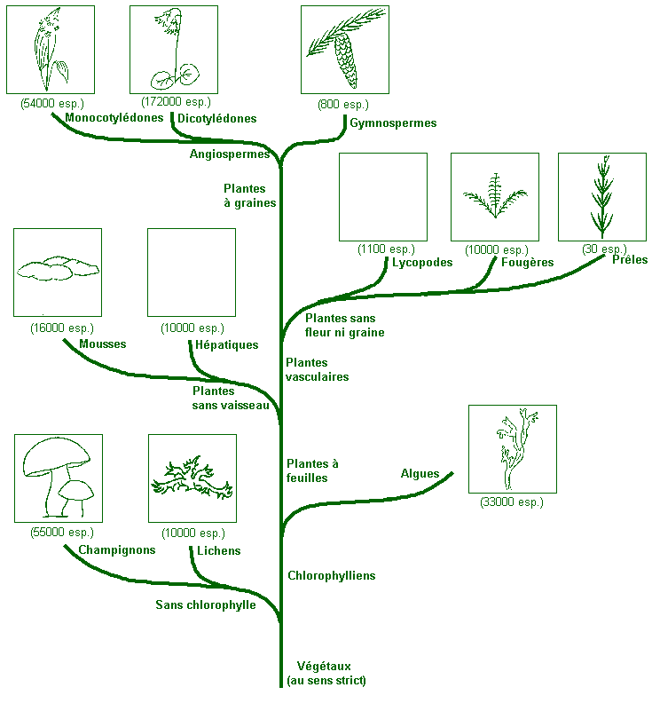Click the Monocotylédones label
114,117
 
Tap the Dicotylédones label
217,118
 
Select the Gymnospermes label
393,123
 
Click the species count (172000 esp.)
173,103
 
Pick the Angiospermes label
230,154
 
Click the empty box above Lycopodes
383,197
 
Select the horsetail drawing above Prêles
602,196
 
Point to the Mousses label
103,344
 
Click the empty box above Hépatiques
192,273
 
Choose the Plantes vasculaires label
317,369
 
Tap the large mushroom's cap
55,456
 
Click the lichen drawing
192,480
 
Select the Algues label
420,474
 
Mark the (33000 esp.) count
512,502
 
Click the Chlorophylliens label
331,576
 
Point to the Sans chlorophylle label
206,605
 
